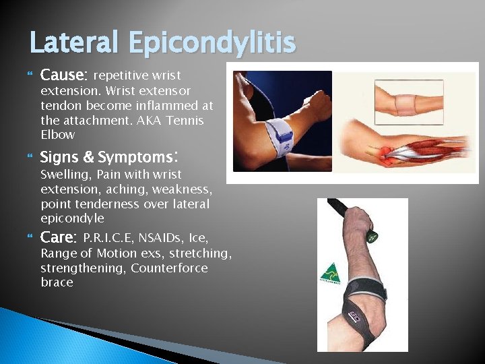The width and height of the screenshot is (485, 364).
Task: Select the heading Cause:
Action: click(x=63, y=75)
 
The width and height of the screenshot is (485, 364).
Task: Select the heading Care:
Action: click(x=58, y=238)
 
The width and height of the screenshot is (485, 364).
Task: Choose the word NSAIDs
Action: click(x=160, y=238)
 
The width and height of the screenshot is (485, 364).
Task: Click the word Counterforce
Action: click(x=169, y=268)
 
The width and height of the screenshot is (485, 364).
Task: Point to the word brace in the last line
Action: click(x=57, y=282)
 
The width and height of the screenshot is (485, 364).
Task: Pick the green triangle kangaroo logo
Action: click(x=329, y=274)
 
